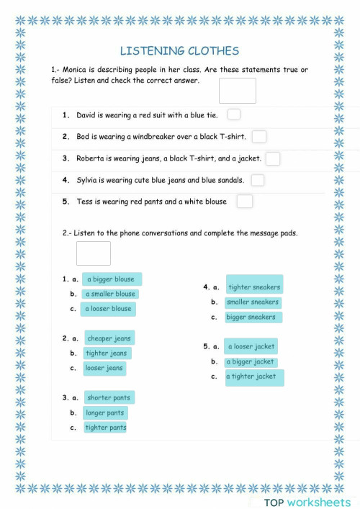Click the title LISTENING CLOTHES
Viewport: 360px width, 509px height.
pos(179,51)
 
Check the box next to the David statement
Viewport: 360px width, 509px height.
pos(233,114)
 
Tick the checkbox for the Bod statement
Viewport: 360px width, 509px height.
pos(259,136)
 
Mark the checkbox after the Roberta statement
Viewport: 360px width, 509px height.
pos(273,158)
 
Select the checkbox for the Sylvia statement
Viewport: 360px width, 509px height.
pos(257,180)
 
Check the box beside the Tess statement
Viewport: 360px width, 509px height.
pos(245,202)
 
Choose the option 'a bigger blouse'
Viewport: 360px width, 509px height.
pos(111,279)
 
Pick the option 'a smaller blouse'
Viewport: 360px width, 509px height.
pos(110,294)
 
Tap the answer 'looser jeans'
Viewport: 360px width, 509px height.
pos(104,368)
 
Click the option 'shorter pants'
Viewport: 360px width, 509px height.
pos(109,398)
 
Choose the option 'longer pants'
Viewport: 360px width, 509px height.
pos(105,413)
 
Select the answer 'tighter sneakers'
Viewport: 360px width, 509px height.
pos(254,287)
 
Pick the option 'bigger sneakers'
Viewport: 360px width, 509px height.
pos(251,317)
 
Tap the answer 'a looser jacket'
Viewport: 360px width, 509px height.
pos(251,347)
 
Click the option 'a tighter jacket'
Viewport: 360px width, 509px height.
pos(254,377)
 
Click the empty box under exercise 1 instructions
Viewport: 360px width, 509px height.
pos(237,91)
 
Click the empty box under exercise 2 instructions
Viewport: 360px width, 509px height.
pos(94,253)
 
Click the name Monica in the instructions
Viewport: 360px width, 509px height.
pos(75,70)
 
